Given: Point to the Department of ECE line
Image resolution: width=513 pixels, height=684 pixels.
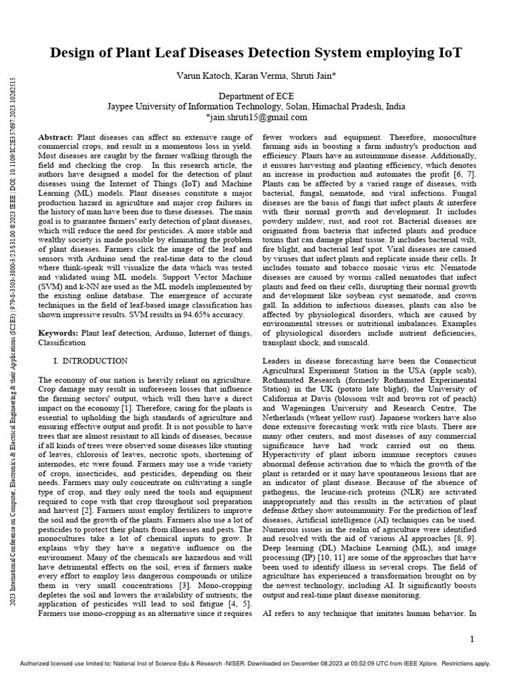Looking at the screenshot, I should pos(256,96).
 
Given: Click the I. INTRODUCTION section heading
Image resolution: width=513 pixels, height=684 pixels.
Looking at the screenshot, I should pos(90,361).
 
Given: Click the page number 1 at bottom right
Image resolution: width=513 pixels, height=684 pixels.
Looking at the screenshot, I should pos(472,639).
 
